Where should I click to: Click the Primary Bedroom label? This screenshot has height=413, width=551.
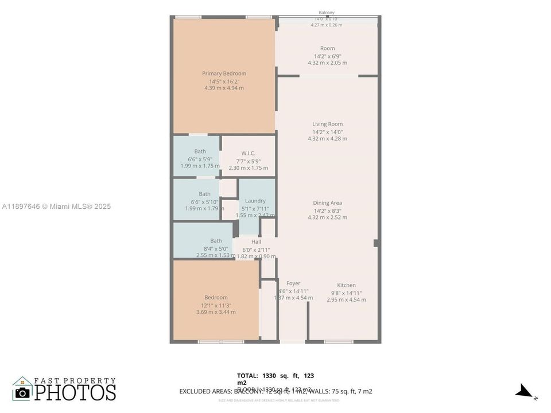click(x=224, y=73)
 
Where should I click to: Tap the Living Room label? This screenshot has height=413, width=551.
click(x=327, y=124)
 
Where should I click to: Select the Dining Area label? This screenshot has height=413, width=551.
click(x=327, y=202)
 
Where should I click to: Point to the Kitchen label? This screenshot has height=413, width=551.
click(x=346, y=285)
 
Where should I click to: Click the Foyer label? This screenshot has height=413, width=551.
click(x=293, y=283)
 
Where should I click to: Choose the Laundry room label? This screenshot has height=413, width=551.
click(x=255, y=201)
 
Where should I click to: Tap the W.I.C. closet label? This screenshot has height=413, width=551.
click(x=248, y=153)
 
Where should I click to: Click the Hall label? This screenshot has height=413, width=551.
click(x=256, y=241)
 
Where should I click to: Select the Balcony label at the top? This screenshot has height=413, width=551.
click(x=327, y=13)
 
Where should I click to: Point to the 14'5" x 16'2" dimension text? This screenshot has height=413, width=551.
click(x=224, y=81)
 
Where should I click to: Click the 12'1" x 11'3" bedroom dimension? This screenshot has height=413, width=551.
click(x=216, y=305)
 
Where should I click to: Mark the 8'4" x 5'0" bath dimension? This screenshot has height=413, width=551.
click(x=216, y=248)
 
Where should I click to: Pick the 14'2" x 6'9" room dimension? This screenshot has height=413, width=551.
click(x=327, y=56)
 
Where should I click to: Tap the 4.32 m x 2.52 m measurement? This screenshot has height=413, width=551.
click(x=327, y=217)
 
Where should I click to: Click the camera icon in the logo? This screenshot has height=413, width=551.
click(x=22, y=392)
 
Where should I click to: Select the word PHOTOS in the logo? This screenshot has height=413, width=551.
click(x=75, y=393)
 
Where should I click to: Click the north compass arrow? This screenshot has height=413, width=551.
click(x=525, y=392)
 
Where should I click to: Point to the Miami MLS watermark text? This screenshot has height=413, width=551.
click(x=56, y=206)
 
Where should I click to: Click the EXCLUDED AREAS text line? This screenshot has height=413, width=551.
click(x=275, y=392)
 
